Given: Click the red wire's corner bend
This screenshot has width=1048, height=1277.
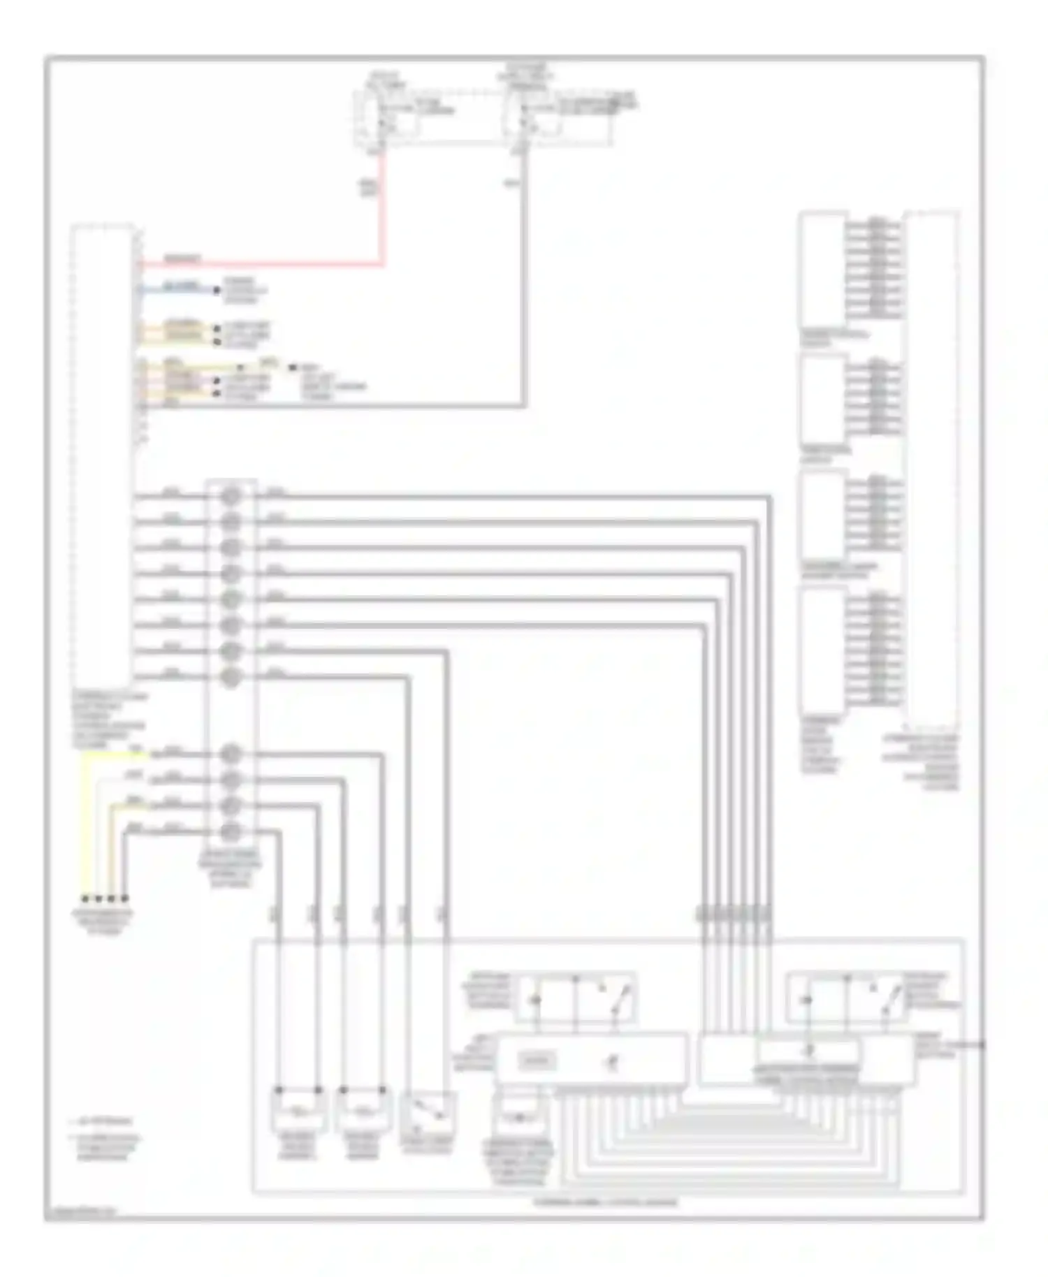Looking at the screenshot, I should tap(381, 264).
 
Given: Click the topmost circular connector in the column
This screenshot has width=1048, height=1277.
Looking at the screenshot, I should tap(231, 496).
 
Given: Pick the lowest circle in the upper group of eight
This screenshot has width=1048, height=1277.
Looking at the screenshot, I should tap(231, 677).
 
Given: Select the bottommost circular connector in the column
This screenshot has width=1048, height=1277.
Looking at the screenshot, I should tap(231, 831).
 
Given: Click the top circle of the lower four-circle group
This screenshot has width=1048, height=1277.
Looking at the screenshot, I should tap(231, 754).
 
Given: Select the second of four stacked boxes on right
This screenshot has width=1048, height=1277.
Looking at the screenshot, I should tap(822, 398).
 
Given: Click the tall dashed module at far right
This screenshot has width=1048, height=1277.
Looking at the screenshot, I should tap(931, 468).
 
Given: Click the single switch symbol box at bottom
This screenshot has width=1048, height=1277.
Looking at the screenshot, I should tap(428, 1113).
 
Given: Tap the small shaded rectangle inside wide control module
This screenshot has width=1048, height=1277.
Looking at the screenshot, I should tap(537, 1061).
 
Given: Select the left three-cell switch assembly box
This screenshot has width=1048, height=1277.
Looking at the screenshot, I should tap(575, 998).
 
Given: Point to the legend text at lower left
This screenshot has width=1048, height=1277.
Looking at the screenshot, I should tap(105, 1140).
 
